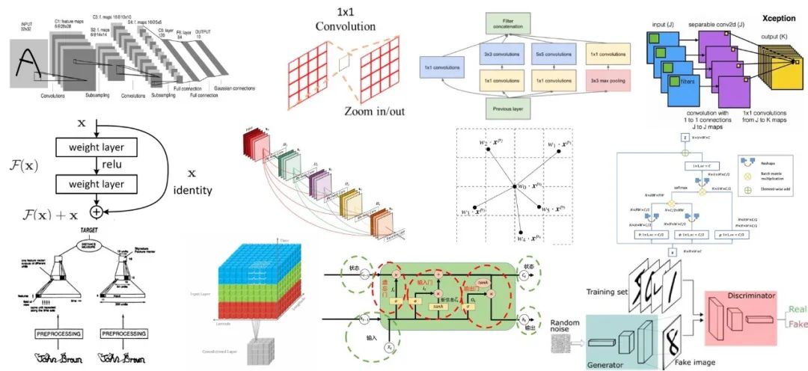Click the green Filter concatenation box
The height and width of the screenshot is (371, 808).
click(521, 23)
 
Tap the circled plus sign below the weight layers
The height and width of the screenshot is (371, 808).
click(96, 212)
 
